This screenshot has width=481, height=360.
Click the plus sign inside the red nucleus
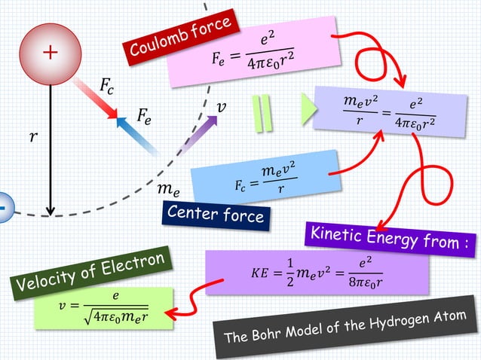click(50, 53)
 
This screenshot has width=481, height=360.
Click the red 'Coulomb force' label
click(180, 37)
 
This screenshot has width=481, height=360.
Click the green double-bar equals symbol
click(262, 114)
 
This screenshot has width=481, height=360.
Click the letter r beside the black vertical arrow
click(32, 138)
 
